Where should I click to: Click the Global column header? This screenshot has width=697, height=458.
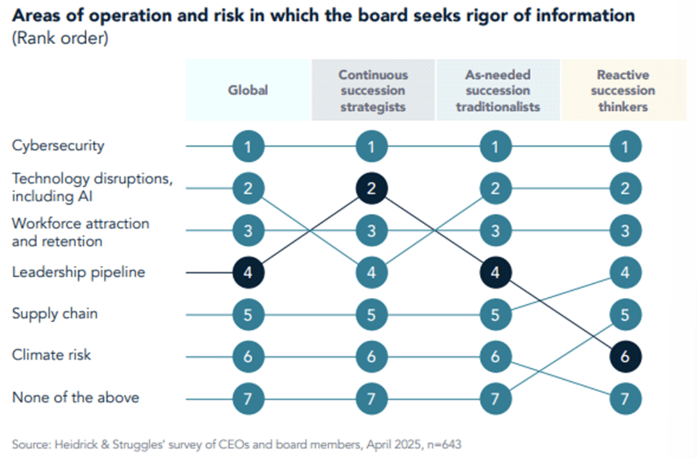[x=248, y=90]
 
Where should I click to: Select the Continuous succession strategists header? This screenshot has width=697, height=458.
[x=372, y=90]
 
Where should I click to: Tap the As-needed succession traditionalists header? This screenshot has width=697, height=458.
[x=497, y=90]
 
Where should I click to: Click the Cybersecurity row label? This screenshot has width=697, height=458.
[x=58, y=145]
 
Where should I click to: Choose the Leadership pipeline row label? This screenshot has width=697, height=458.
[x=79, y=272]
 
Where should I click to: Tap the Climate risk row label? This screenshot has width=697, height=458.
[x=51, y=355]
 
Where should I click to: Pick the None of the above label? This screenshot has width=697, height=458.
[x=76, y=398]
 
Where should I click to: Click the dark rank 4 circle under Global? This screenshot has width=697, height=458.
[x=248, y=272]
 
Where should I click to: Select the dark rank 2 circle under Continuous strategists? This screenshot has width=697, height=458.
[x=372, y=188]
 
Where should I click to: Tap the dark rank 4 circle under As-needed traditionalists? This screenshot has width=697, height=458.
[x=495, y=272]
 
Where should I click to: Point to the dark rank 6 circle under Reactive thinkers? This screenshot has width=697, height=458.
[x=625, y=356]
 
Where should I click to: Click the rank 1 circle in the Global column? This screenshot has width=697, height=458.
[x=248, y=147]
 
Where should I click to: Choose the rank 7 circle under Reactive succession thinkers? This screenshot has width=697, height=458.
[x=625, y=398]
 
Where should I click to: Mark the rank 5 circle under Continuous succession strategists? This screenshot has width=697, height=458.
[x=372, y=315]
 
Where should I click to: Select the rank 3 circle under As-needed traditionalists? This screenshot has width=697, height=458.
[x=495, y=231]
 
